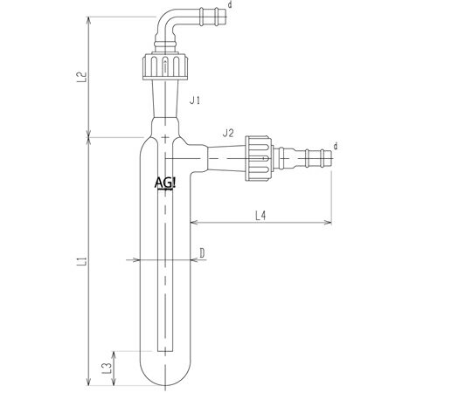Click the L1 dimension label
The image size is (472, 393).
(x=82, y=261)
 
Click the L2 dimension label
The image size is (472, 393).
(x=82, y=77)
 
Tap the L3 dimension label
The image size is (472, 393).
(x=107, y=369)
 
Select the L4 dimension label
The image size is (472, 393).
(x=260, y=216)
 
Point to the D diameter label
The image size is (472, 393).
(x=202, y=253)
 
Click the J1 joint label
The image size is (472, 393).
(x=195, y=100)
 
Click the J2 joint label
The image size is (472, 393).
(x=228, y=133)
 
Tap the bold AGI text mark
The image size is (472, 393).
(x=165, y=183)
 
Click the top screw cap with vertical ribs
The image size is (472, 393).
(x=165, y=66)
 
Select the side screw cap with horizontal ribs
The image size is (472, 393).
(x=259, y=158)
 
